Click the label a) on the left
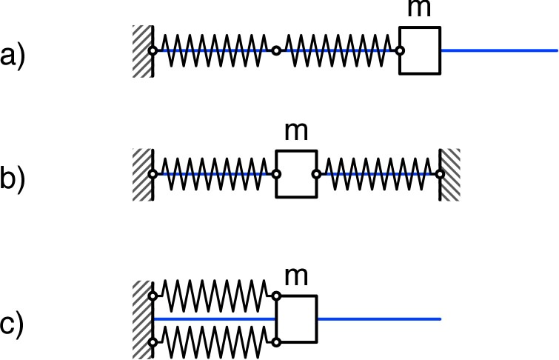[13, 56]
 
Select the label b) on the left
[13, 180]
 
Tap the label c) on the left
[13, 324]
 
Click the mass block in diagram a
[420, 50]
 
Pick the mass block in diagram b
[296, 175]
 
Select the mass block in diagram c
[296, 319]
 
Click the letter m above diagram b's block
[296, 135]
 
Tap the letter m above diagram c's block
[296, 277]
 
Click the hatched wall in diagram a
[142, 50]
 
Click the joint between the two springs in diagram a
[276, 50]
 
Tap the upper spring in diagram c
[213, 295]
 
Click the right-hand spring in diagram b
[378, 175]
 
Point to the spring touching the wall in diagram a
[213, 50]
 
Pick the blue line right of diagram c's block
[379, 319]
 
